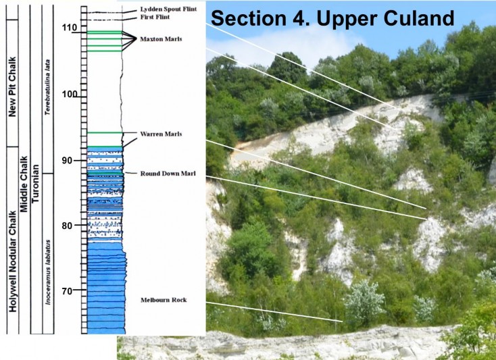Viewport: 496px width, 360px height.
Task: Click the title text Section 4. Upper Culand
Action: [332, 18]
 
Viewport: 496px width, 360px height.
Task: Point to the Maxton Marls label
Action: [157, 39]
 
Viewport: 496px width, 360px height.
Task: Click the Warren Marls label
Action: [156, 134]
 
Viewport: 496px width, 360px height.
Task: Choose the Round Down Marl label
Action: [168, 174]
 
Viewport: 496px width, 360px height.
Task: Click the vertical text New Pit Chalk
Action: [11, 82]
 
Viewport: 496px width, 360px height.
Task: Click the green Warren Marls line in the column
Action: [105, 132]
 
